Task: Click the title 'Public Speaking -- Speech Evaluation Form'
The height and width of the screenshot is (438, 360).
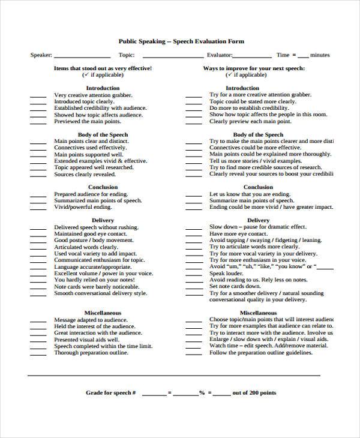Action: click(x=180, y=41)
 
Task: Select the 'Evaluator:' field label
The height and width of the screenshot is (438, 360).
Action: click(x=219, y=55)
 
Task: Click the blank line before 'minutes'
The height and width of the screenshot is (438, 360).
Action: click(x=303, y=56)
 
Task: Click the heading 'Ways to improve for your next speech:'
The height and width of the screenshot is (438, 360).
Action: click(x=254, y=68)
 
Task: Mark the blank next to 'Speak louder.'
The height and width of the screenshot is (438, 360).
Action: click(x=193, y=274)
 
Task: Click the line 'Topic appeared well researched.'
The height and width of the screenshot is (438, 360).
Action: click(x=93, y=168)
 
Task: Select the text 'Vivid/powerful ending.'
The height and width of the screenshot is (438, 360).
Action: click(x=83, y=207)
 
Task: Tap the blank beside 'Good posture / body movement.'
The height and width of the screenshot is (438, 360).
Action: click(x=38, y=241)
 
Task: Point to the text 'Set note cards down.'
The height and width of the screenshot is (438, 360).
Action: click(x=235, y=287)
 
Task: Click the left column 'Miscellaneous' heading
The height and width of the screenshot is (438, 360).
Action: click(x=103, y=313)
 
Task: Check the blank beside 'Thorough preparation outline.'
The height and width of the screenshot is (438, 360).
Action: click(x=38, y=353)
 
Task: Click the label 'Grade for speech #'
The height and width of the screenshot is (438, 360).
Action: click(x=111, y=393)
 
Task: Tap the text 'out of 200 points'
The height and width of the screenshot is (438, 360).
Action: click(x=254, y=393)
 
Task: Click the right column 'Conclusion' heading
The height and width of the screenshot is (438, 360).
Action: click(x=258, y=187)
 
